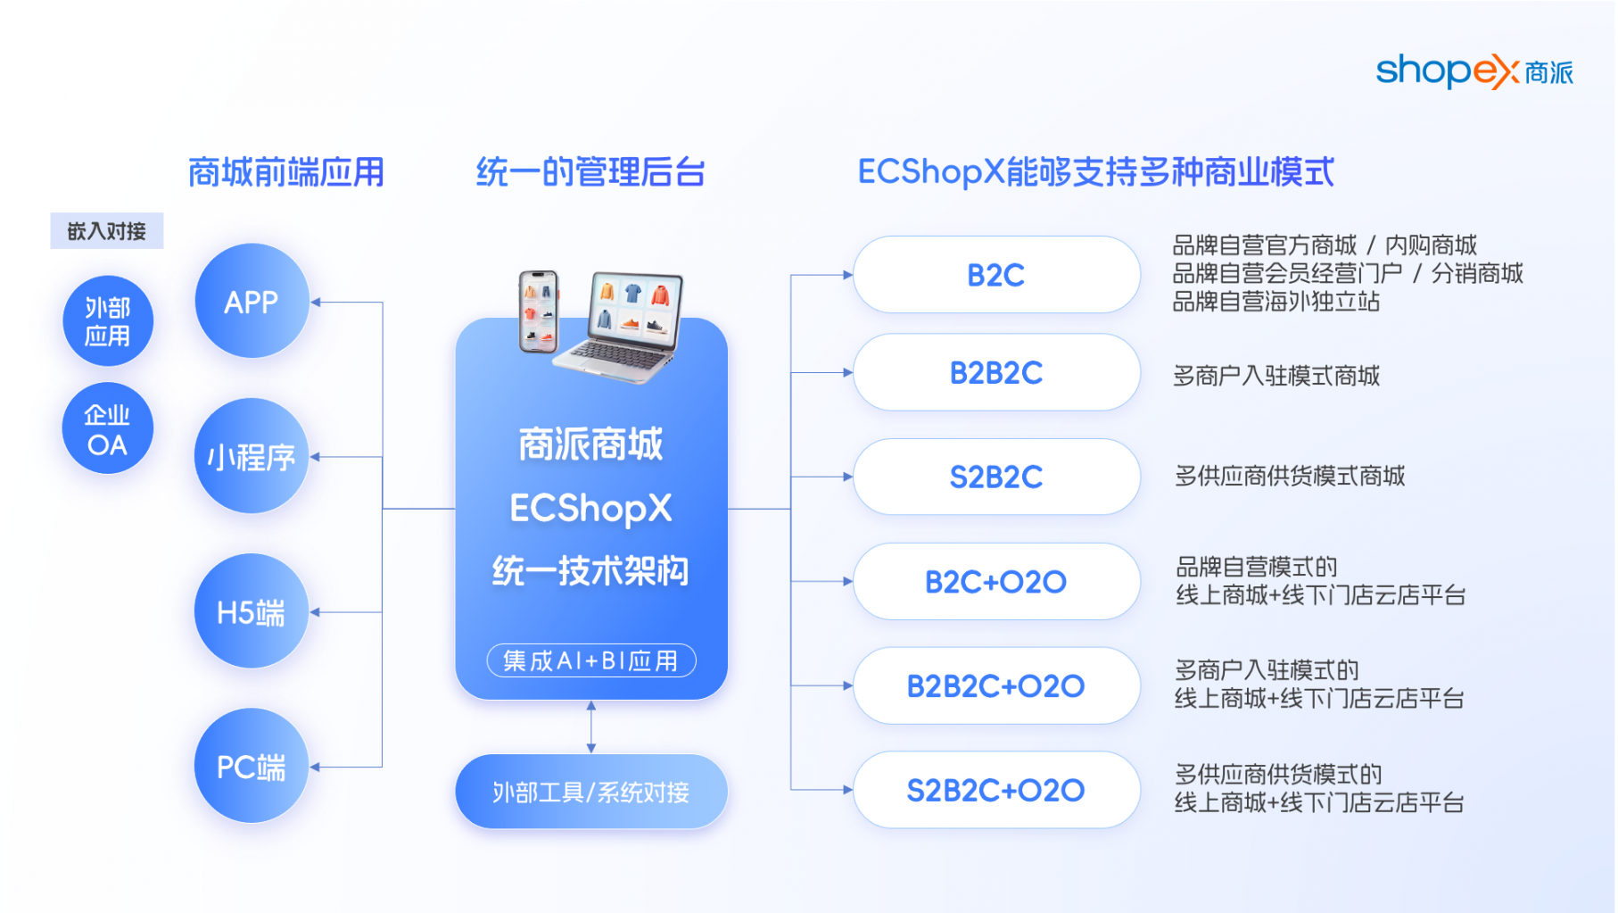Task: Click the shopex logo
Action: [1474, 71]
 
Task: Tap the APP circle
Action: [252, 302]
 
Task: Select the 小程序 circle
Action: [252, 456]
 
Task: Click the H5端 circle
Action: [252, 611]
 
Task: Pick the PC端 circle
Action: [252, 766]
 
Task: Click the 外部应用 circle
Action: [108, 321]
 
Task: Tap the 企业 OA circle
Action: [108, 428]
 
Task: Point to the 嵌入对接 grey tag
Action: [107, 231]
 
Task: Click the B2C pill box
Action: [996, 275]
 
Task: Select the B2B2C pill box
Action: [996, 372]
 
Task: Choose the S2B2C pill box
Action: [996, 477]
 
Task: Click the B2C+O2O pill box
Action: [996, 581]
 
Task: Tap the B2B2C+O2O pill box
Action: [996, 685]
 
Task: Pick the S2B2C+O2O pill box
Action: [996, 790]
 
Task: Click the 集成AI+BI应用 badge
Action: [590, 660]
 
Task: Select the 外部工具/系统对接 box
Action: [590, 792]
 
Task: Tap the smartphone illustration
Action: [539, 311]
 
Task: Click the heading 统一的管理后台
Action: [590, 172]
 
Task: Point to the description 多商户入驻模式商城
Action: [1276, 376]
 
